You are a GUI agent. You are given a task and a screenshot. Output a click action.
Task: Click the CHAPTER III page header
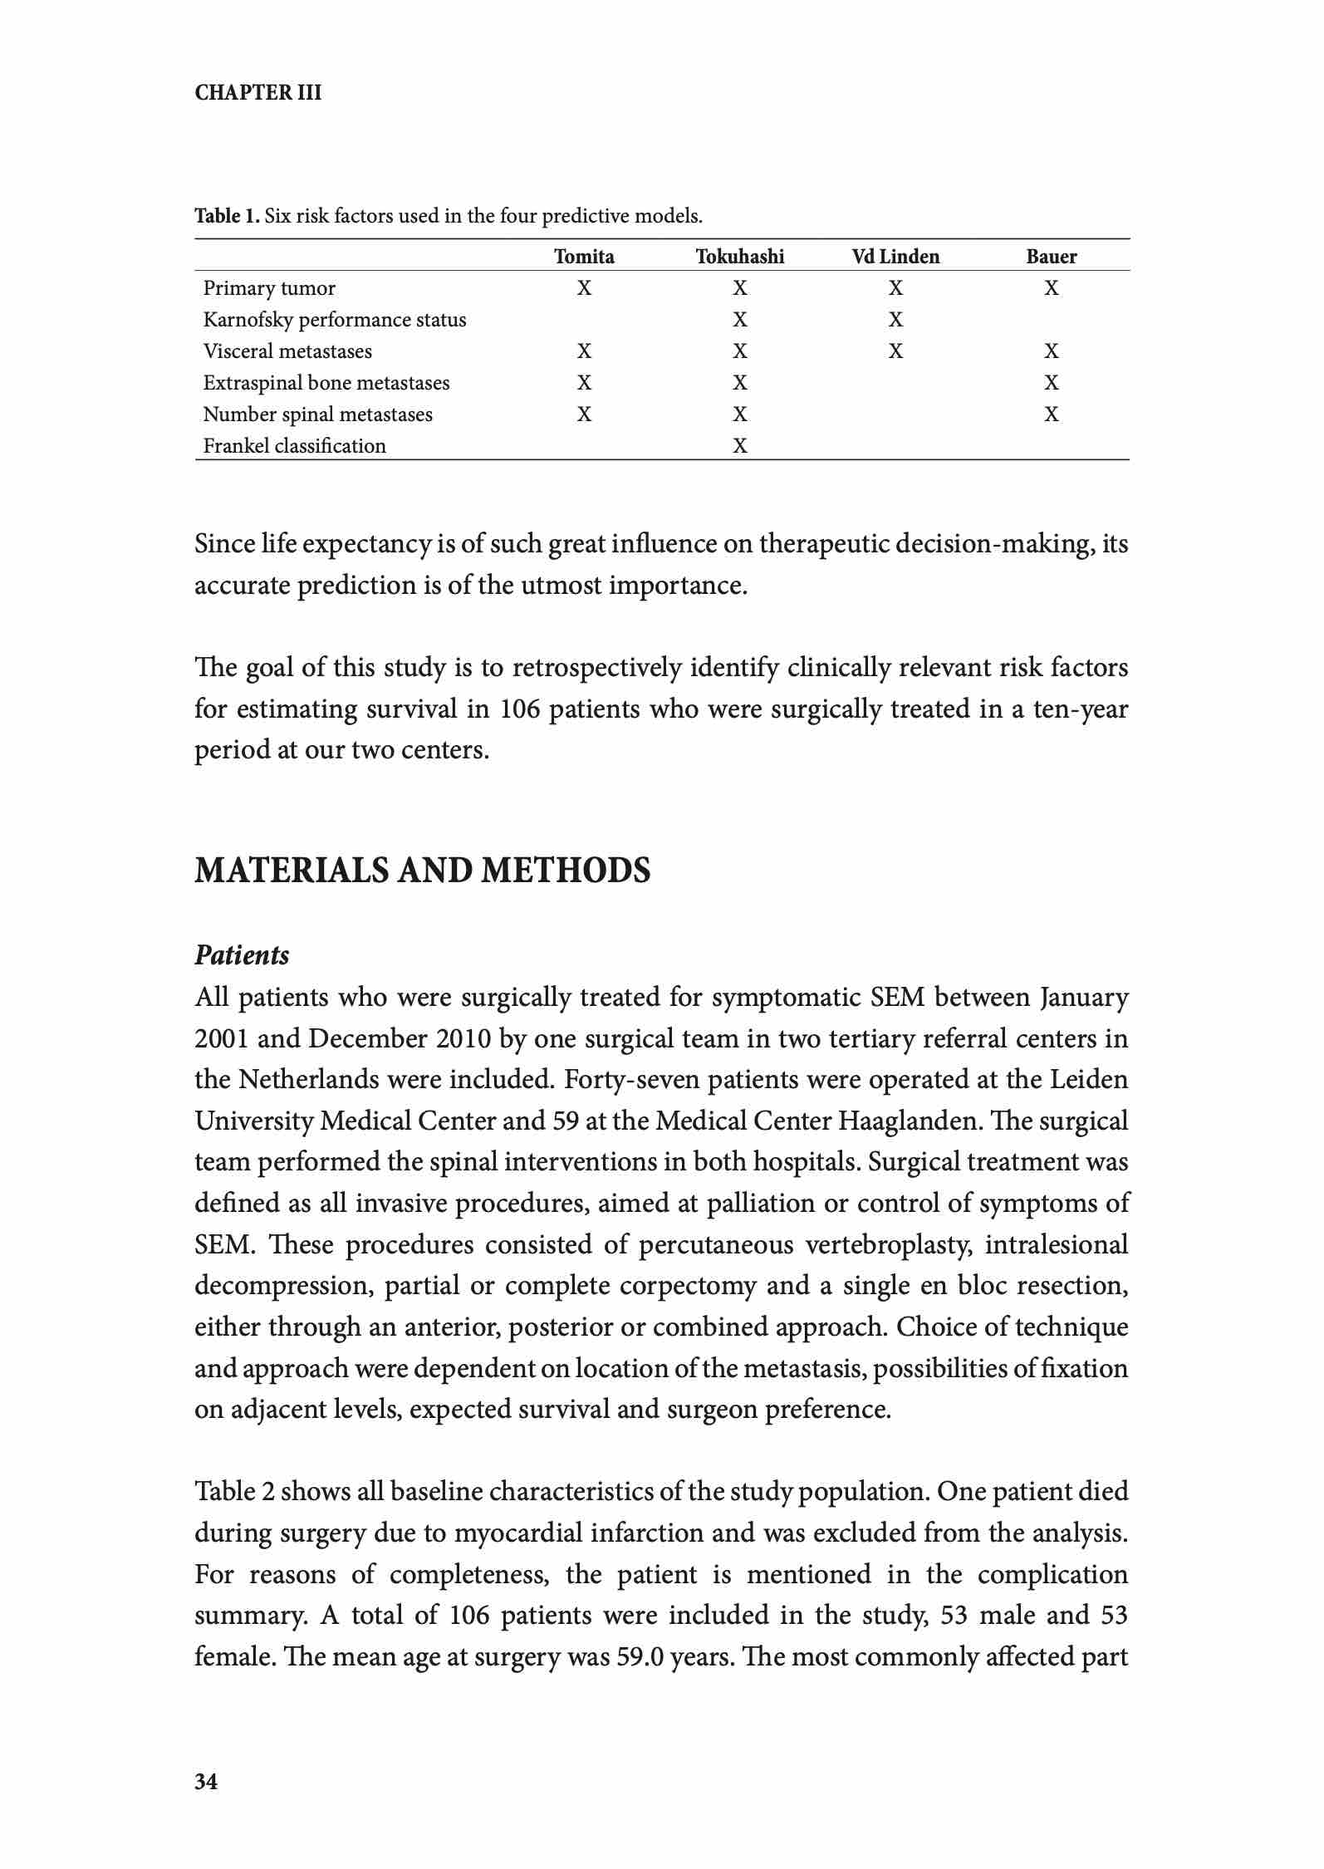click(257, 92)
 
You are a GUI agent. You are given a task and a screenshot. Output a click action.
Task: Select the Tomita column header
click(584, 257)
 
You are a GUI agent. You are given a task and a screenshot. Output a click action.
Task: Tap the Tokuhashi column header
click(739, 257)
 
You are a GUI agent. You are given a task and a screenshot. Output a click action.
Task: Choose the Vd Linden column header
click(895, 257)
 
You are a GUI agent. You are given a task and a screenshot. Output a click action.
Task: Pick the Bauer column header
click(1051, 257)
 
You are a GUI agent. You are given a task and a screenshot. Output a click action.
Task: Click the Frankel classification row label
click(294, 446)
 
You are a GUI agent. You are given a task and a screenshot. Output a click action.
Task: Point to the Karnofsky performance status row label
click(334, 320)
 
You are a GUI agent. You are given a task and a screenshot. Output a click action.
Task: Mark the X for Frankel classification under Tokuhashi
click(739, 446)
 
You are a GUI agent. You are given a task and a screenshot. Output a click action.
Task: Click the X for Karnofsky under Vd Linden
click(895, 320)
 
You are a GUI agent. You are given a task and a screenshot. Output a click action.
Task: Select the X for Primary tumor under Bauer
click(1051, 288)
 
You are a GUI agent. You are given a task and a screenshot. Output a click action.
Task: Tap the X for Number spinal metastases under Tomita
click(584, 415)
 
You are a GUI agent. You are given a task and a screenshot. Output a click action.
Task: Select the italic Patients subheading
click(242, 956)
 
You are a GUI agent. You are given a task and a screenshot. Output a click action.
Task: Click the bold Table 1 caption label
click(227, 217)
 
